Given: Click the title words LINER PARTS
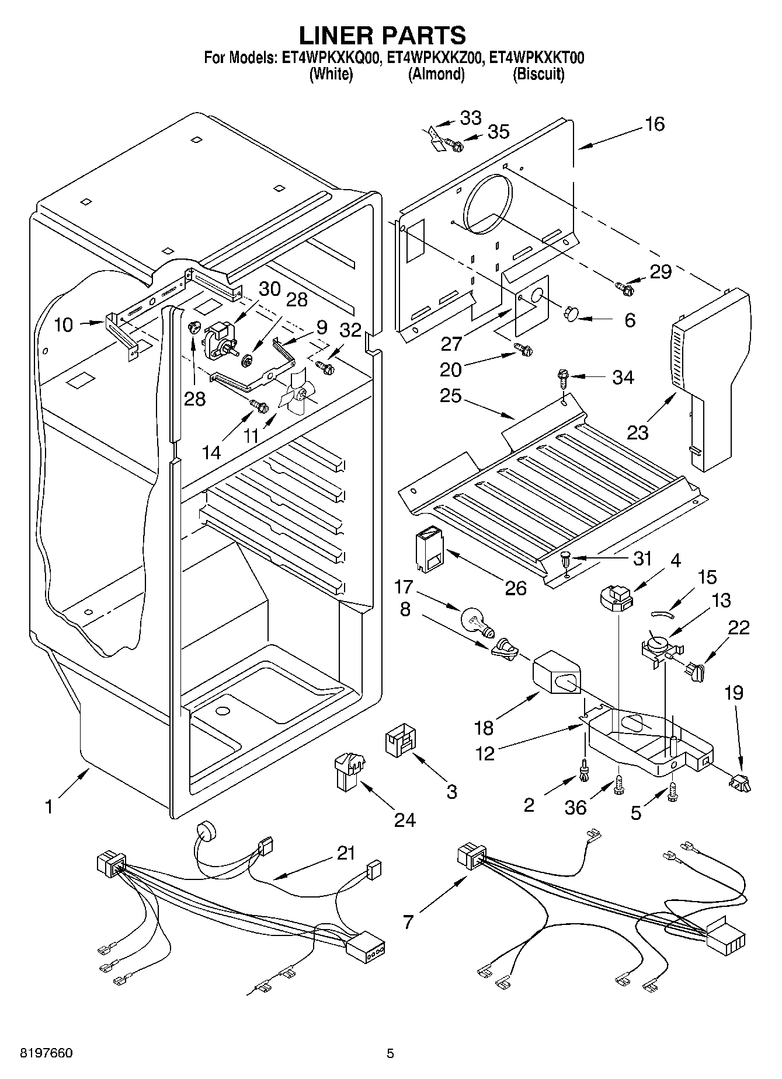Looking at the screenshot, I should click(x=383, y=36).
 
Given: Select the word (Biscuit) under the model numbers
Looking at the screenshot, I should click(x=538, y=74).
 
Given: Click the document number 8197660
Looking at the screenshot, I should click(x=39, y=1054).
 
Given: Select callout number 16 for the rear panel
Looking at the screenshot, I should click(x=655, y=124).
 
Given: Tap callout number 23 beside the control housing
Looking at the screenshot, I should click(x=638, y=432).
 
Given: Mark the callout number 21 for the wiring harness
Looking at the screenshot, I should click(x=346, y=853).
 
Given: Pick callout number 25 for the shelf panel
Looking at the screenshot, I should click(x=451, y=396).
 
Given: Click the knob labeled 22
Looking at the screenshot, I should click(x=696, y=670).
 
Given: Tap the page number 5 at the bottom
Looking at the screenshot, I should click(x=391, y=1054).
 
